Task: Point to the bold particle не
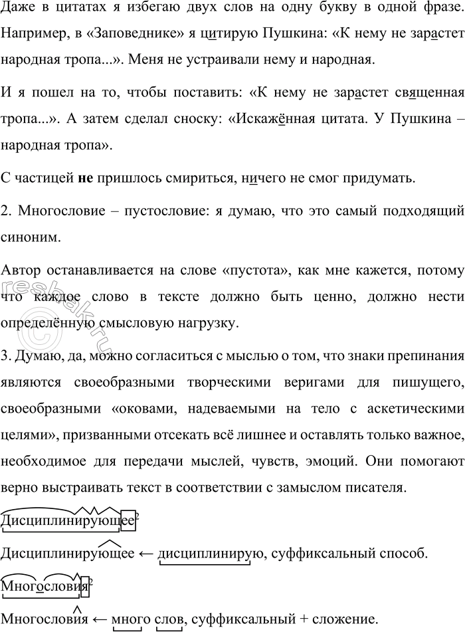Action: pos(84,178)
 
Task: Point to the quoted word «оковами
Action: pos(163,405)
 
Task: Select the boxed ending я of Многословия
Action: pos(84,587)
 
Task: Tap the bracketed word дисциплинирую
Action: pos(205,553)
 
